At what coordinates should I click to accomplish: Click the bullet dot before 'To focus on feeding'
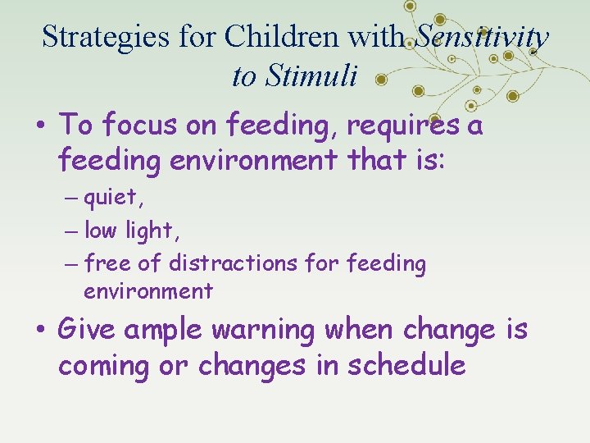[40, 126]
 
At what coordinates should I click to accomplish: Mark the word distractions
[234, 263]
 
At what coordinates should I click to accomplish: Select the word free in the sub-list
[104, 263]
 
